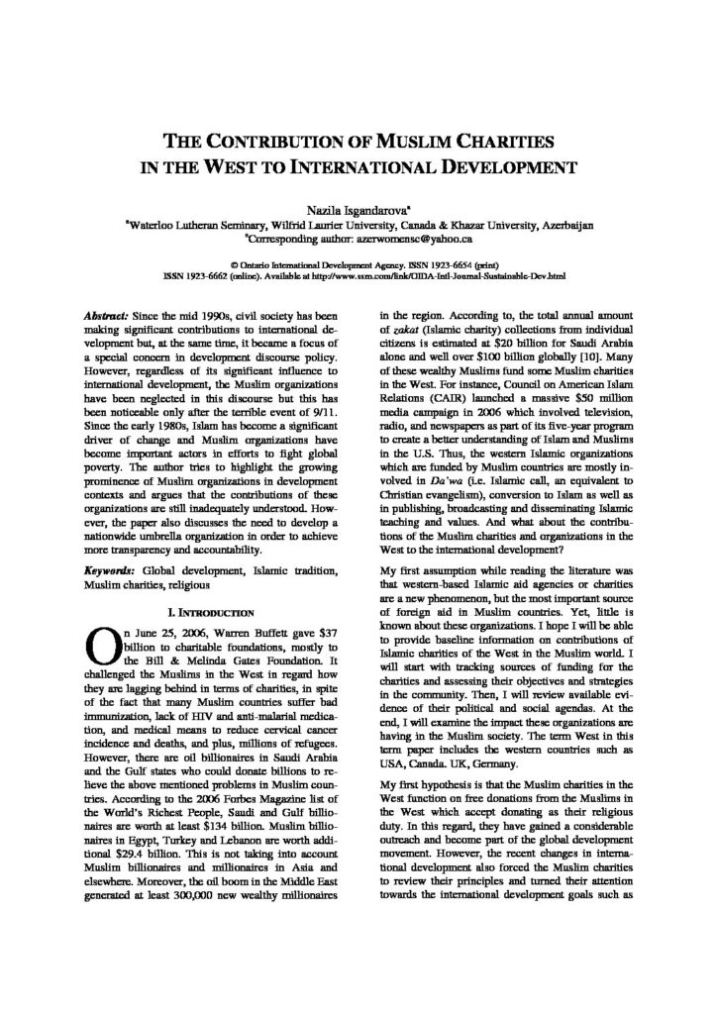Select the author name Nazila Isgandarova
[358, 210]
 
